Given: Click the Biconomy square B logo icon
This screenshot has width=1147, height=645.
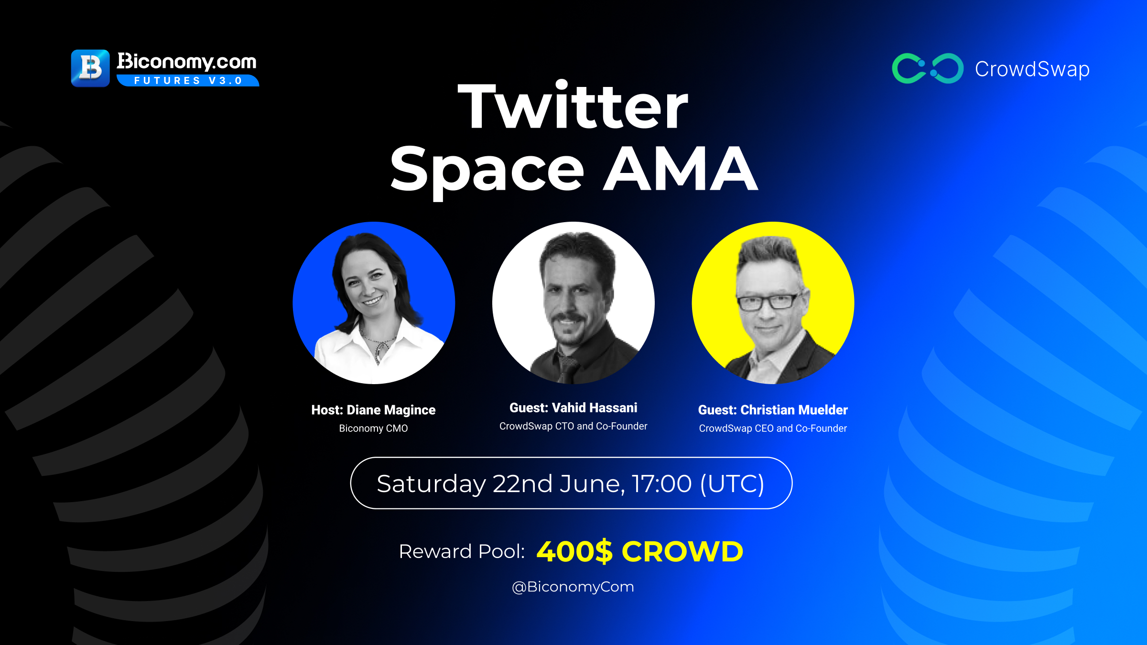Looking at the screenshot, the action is click(90, 68).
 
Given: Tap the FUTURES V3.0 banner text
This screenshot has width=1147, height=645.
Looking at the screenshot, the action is click(188, 81).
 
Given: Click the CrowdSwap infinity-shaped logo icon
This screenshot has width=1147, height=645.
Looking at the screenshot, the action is click(928, 68).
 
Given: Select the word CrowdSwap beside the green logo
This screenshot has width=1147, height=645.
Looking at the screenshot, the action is click(1032, 69).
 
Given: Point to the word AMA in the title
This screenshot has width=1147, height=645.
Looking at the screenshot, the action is click(681, 168).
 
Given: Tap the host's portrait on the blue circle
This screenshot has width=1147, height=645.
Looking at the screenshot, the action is click(374, 303).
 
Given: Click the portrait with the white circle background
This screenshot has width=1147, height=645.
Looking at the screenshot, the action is click(573, 303).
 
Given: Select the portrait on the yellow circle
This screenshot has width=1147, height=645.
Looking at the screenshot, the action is click(773, 303).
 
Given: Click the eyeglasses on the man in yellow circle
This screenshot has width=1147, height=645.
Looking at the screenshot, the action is click(768, 302).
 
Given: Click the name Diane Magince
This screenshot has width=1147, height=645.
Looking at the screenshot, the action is click(391, 410).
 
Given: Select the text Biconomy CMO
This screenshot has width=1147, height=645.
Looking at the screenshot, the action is click(373, 429).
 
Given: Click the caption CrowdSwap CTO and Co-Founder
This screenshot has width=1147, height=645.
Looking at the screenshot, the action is click(573, 426).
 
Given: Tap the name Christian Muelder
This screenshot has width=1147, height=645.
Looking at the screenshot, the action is click(794, 410).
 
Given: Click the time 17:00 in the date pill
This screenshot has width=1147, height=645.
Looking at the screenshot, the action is click(662, 484).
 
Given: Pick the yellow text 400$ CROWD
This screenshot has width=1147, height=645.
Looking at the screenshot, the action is click(640, 551).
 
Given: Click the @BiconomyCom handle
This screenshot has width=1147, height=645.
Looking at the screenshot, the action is click(573, 587).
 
